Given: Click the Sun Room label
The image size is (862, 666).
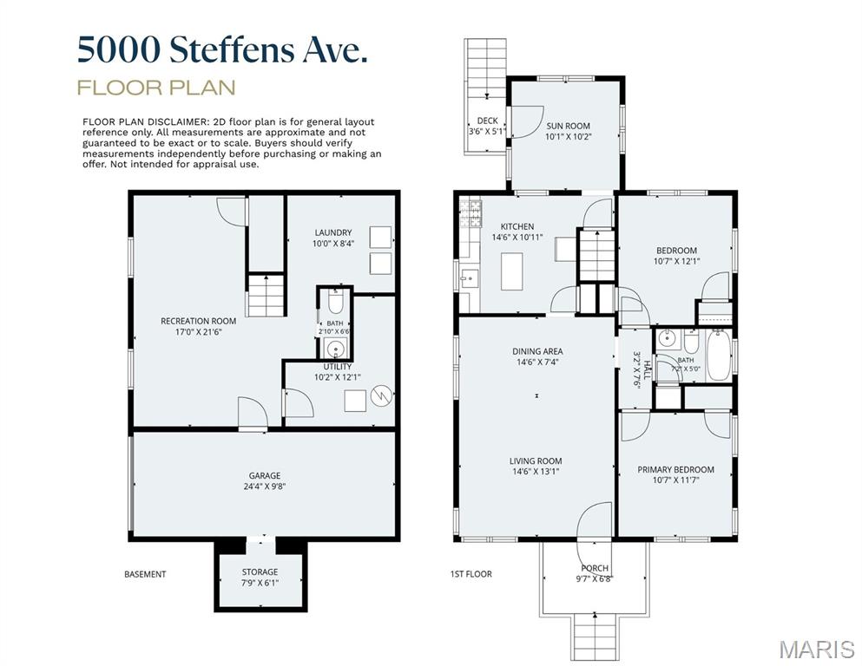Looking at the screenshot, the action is [568, 126].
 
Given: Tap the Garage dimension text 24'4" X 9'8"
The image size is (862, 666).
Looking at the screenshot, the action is [265, 486].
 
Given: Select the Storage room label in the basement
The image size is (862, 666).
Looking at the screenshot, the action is [260, 571].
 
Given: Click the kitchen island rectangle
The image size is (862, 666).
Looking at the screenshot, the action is [512, 271].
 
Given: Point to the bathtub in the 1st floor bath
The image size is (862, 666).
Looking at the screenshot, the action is [719, 355].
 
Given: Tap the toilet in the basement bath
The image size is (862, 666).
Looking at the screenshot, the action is [335, 302].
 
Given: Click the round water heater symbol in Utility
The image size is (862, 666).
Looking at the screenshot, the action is [381, 395].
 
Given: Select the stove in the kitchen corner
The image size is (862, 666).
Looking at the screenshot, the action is [470, 213].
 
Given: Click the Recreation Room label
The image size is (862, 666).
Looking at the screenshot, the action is [199, 321].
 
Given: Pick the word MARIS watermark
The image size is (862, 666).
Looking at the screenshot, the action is [817, 650].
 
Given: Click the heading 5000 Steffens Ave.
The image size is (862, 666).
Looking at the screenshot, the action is [222, 50].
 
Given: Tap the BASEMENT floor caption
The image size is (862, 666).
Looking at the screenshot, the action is [145, 574].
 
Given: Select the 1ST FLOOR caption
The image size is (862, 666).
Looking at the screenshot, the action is [471, 574].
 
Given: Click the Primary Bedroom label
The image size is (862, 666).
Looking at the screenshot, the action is [675, 469].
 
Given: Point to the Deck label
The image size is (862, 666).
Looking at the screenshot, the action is [487, 121].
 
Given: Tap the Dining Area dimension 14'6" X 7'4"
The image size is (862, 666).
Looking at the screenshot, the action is [537, 362].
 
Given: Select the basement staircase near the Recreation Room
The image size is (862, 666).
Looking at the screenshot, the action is [266, 296].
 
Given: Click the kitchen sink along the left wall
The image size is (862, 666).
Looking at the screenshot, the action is [469, 279].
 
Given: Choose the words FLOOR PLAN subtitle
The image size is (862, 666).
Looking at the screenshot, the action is [156, 88].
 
